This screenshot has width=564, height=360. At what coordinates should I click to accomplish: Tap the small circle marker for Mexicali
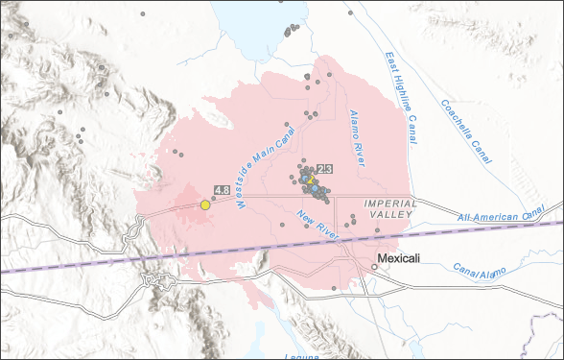tap(375, 267)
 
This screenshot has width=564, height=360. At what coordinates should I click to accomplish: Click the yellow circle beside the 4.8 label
tap(205, 204)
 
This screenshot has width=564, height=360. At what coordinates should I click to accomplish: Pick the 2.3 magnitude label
tap(324, 169)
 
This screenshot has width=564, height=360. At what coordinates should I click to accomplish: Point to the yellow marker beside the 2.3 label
tap(311, 180)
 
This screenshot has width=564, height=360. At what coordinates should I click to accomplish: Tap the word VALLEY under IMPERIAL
tap(390, 214)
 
